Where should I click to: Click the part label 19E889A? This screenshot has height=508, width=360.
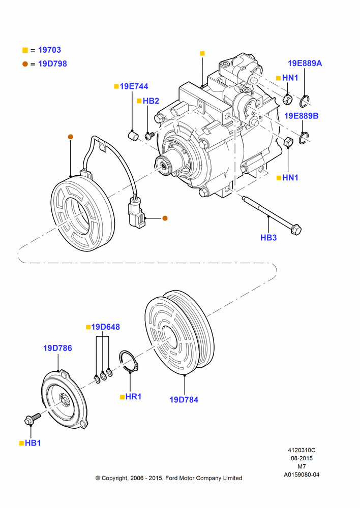[305, 63]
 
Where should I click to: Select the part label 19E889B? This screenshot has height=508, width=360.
[302, 116]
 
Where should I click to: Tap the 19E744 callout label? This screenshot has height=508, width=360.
[134, 86]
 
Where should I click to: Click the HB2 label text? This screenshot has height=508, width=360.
[151, 101]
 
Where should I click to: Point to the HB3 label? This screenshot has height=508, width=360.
[268, 237]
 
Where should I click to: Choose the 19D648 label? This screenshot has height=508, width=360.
[105, 327]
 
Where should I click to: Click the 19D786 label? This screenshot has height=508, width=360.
[57, 348]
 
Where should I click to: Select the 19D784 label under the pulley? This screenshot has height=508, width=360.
[184, 400]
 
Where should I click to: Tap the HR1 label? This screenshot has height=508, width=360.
[133, 397]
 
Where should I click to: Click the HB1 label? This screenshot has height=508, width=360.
[33, 443]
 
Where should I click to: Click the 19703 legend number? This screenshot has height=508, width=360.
[49, 50]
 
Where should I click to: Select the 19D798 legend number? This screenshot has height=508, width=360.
[52, 64]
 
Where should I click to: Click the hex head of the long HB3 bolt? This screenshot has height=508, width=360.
[296, 230]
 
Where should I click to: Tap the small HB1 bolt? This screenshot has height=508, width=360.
[32, 418]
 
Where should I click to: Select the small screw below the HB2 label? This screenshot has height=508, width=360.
[149, 135]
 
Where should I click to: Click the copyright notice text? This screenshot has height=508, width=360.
[169, 478]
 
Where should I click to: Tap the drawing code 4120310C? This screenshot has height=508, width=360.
[302, 450]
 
